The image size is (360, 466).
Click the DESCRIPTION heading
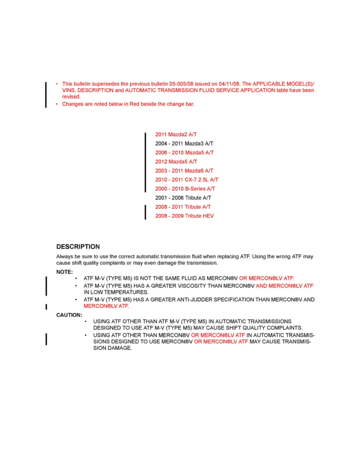[78, 247]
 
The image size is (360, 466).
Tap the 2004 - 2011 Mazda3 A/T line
[184, 144]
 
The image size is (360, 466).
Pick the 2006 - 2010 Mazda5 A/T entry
[185, 153]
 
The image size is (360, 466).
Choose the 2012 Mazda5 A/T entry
[176, 162]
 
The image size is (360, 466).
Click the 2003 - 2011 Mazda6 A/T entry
[184, 171]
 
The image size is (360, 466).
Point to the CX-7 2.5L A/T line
[187, 180]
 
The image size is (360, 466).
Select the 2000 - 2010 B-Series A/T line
[185, 189]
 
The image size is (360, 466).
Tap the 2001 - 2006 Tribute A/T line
[184, 198]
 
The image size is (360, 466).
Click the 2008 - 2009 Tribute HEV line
[185, 216]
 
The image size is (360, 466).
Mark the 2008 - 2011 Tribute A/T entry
[184, 207]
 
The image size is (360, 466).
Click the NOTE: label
[64, 271]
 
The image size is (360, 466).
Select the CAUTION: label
[69, 315]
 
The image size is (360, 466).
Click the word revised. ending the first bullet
[71, 96]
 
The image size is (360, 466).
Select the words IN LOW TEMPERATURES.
[116, 292]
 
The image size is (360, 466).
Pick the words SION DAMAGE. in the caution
[113, 348]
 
